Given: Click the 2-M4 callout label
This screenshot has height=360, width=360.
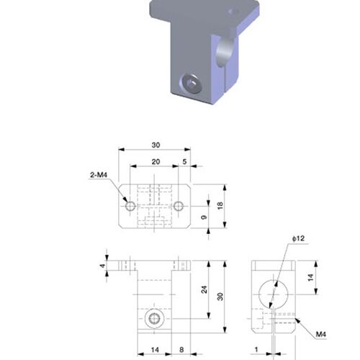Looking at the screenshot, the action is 99,175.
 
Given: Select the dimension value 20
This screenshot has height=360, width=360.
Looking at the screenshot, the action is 156,162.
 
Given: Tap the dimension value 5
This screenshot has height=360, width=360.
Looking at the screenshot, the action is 184,162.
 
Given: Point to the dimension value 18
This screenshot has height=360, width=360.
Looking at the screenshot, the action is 220,206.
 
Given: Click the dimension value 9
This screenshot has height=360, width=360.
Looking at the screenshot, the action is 204,217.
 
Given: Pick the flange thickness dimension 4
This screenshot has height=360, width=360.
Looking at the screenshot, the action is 103,266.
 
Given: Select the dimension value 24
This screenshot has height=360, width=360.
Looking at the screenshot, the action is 204,289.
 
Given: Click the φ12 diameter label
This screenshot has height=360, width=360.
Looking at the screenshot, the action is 298,238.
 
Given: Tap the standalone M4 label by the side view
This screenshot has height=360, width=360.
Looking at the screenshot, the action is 321,334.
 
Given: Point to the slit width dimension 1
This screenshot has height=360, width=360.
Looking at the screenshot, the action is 256,349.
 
